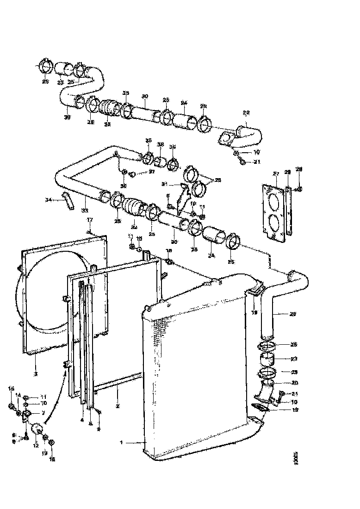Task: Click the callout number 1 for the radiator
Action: [x=122, y=442]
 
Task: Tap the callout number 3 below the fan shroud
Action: [x=36, y=373]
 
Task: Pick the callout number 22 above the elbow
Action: [x=246, y=112]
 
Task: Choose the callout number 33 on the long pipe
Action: [x=85, y=210]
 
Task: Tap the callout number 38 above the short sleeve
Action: [x=161, y=144]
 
